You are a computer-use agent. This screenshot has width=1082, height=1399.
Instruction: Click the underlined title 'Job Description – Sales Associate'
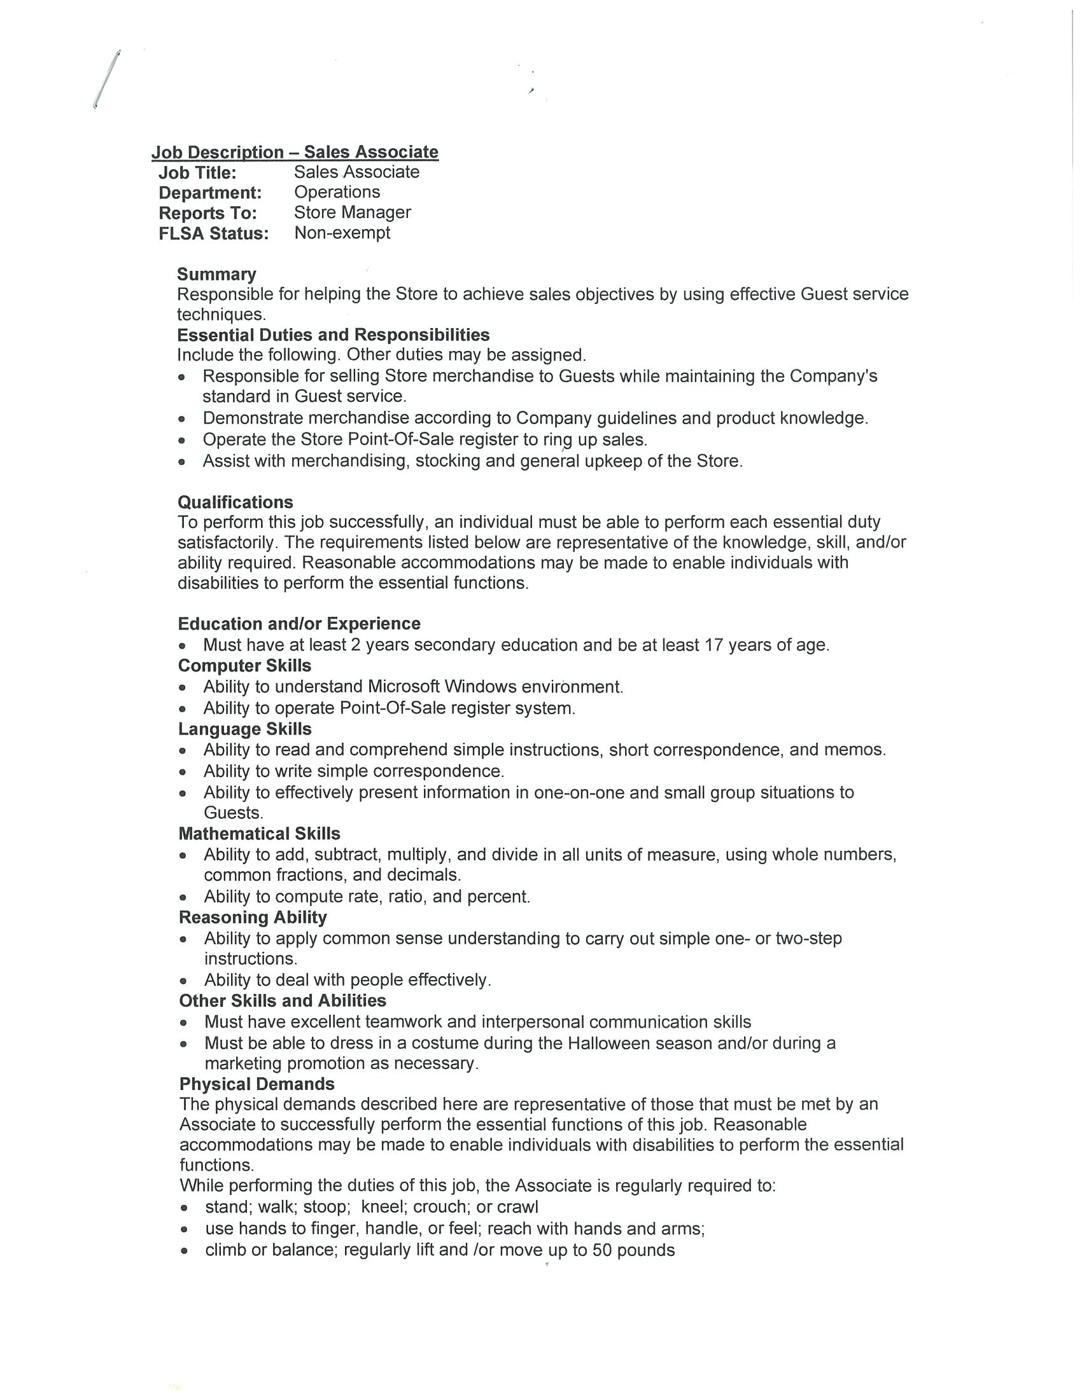tap(295, 152)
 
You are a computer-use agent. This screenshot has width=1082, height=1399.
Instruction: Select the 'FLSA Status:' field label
tap(213, 234)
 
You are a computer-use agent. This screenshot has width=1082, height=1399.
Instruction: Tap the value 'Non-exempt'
tap(342, 233)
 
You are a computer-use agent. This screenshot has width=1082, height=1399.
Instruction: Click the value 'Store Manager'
tap(352, 212)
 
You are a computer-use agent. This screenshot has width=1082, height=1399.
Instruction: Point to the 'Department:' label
tap(210, 193)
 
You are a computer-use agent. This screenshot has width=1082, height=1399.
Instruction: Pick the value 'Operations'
tap(337, 192)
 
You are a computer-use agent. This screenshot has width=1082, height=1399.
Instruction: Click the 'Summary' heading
tap(216, 274)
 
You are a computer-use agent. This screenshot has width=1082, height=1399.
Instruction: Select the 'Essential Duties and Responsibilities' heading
tap(333, 335)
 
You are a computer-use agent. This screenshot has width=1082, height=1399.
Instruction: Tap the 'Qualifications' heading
tap(235, 502)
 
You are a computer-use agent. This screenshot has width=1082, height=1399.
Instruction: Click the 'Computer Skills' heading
tap(244, 666)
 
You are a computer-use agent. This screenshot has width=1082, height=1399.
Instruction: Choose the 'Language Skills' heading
tap(245, 729)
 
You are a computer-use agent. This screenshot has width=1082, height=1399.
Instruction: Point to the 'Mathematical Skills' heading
tap(259, 834)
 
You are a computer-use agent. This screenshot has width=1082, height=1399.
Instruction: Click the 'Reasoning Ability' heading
tap(253, 917)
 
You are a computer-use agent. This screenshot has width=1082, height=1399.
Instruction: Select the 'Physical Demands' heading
tap(256, 1084)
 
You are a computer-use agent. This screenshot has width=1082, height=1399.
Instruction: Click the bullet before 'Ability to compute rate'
tap(184, 897)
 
